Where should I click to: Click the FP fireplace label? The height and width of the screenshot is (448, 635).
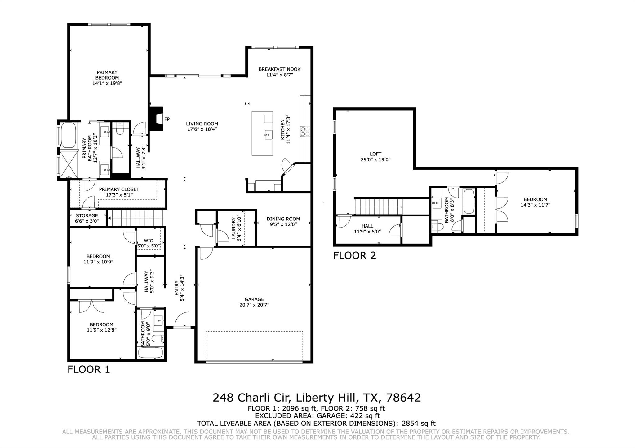[x=167, y=119]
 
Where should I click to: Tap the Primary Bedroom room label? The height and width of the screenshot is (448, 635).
[x=107, y=75]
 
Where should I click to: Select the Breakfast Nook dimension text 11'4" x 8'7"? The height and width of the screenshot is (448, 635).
[x=280, y=75]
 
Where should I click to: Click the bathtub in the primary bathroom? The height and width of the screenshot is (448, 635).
[x=68, y=135]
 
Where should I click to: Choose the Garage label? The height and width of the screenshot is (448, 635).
[x=254, y=299]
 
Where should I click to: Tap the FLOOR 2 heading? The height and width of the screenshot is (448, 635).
[x=354, y=255]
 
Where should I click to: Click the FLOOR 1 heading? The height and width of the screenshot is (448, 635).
[x=89, y=369]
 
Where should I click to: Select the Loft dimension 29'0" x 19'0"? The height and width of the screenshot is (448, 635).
[x=375, y=159]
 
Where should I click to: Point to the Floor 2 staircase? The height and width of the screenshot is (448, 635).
[x=379, y=207]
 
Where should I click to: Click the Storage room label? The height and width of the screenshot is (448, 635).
[x=87, y=215]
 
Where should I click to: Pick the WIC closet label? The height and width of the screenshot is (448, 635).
[x=149, y=241]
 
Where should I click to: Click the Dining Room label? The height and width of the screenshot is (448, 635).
[x=283, y=219]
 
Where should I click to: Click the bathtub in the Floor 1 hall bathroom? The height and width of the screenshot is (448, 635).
[x=150, y=353]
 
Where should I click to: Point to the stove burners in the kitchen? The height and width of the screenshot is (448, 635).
[x=305, y=131]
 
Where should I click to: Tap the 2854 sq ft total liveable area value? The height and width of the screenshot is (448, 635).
[x=419, y=423]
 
